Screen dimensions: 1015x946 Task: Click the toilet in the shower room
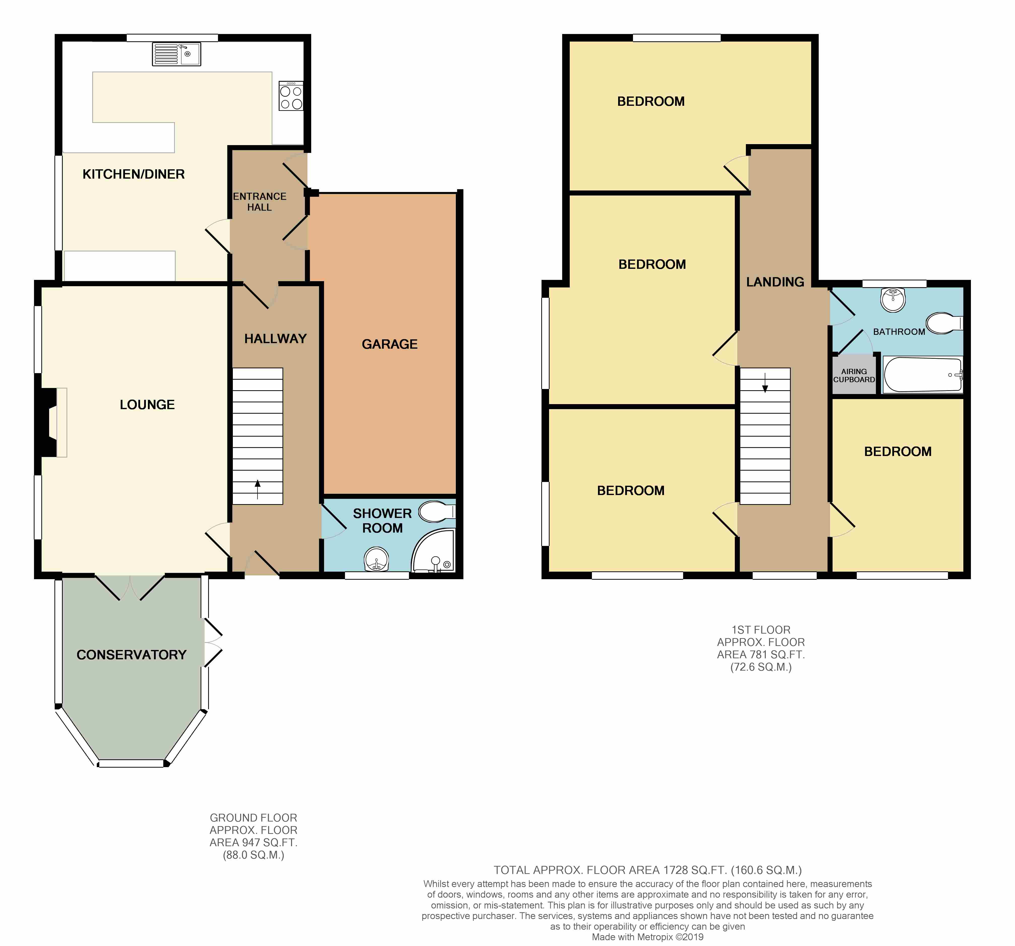(436, 511)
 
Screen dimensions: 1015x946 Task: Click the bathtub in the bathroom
(923, 375)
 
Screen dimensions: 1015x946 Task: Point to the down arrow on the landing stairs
(765, 383)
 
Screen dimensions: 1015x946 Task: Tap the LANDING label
(775, 282)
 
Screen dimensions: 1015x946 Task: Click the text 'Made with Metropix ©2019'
(647, 937)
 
